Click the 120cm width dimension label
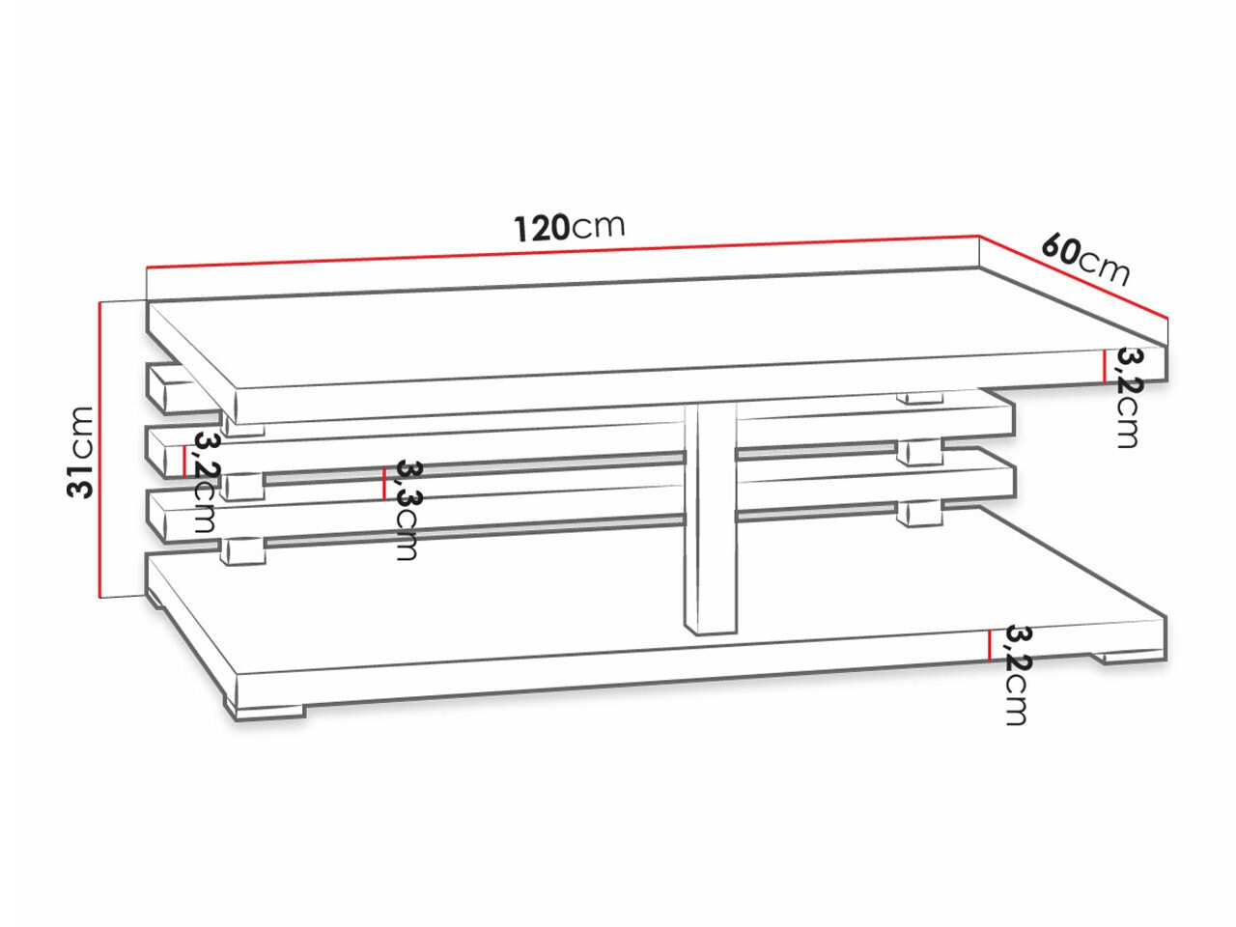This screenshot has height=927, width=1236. click(569, 227)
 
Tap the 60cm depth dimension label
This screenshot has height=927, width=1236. click(1084, 260)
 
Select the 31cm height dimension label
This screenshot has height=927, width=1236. click(80, 452)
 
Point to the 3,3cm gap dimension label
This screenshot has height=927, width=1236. click(407, 510)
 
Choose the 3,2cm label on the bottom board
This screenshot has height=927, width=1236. click(1017, 675)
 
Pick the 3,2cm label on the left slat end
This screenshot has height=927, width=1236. click(205, 483)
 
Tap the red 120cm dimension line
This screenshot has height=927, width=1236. click(563, 250)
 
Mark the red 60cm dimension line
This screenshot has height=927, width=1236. click(1074, 277)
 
